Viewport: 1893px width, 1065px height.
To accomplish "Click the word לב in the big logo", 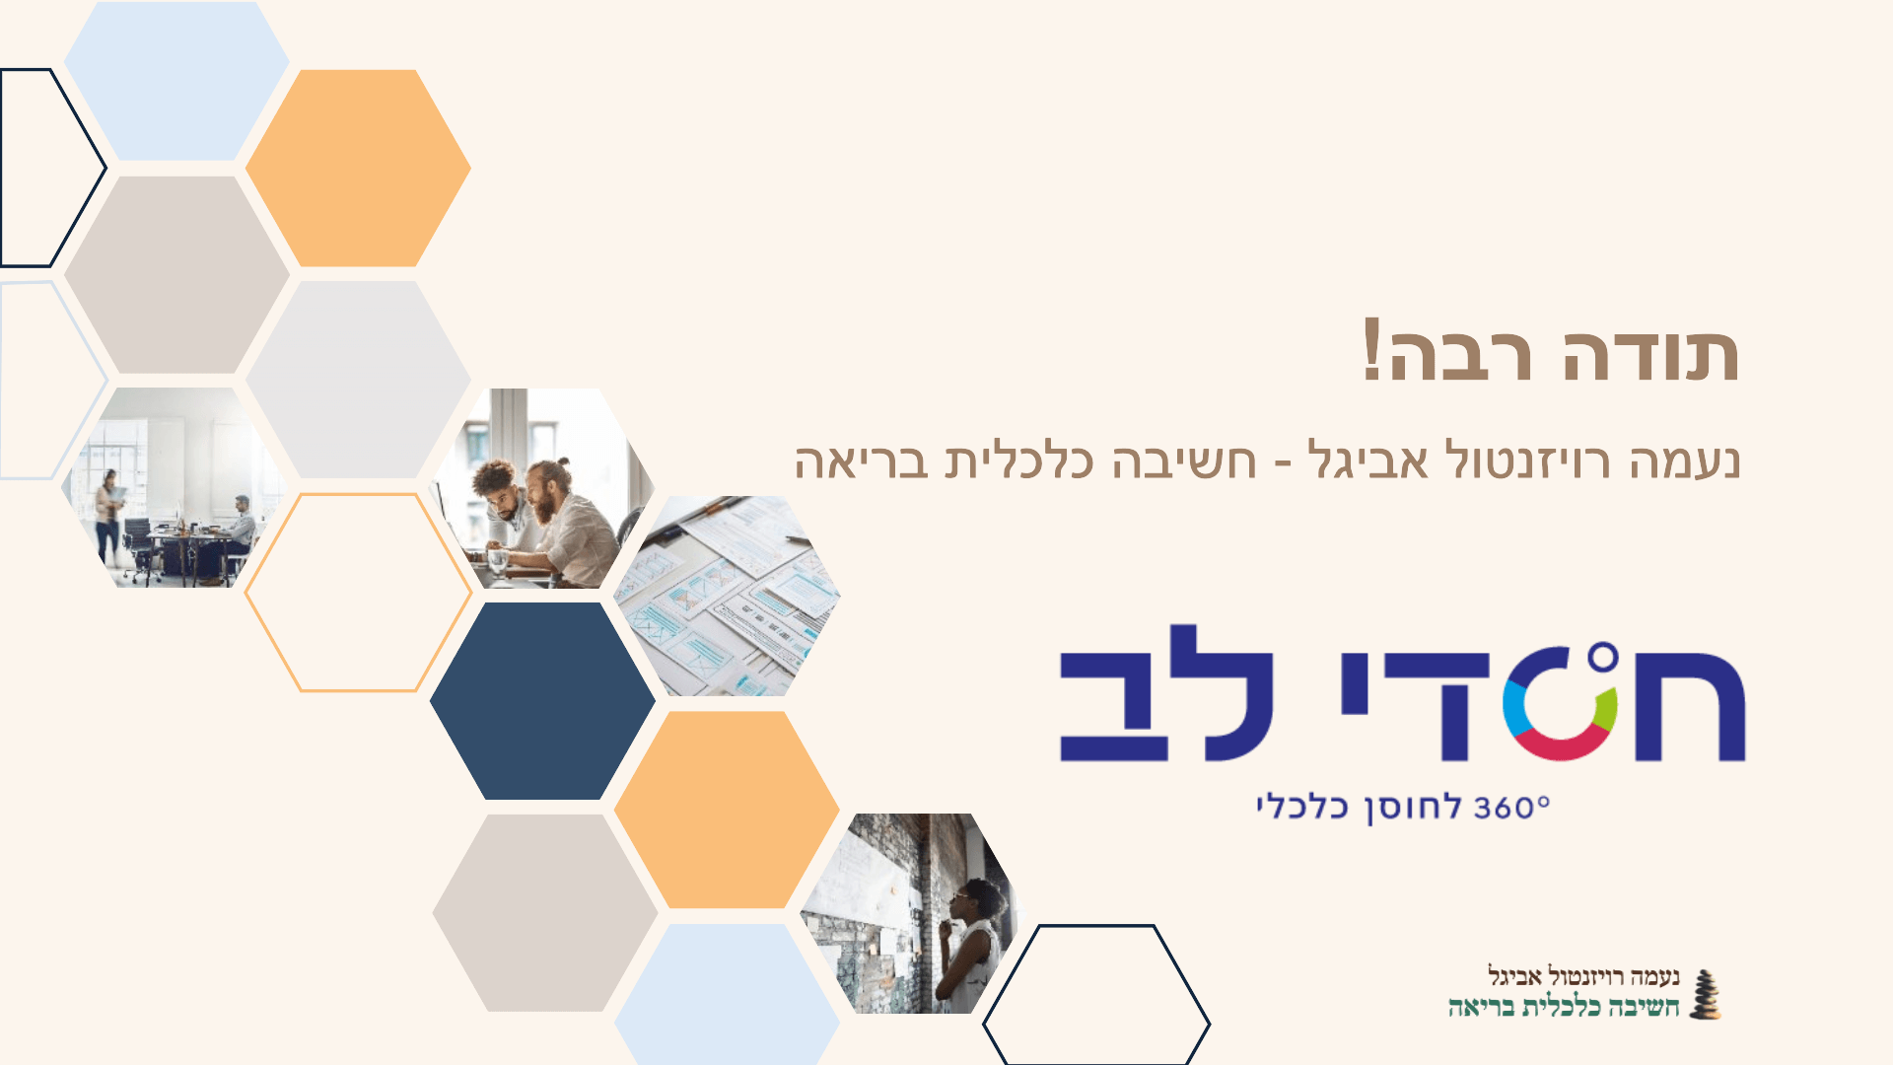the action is (x=1166, y=693).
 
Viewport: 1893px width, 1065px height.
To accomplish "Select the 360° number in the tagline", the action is (x=1511, y=808).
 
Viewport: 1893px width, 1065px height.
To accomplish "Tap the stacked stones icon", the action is (x=1705, y=994).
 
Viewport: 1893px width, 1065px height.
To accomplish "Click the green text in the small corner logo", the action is (x=1564, y=1007).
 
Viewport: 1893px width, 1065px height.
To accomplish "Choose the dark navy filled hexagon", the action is (x=542, y=701).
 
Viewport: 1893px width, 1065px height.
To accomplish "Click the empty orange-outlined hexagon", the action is (x=358, y=593).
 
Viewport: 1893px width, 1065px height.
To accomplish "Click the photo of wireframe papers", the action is (x=727, y=596).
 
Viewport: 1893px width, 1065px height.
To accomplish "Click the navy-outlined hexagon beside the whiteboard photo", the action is (x=1096, y=996).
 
